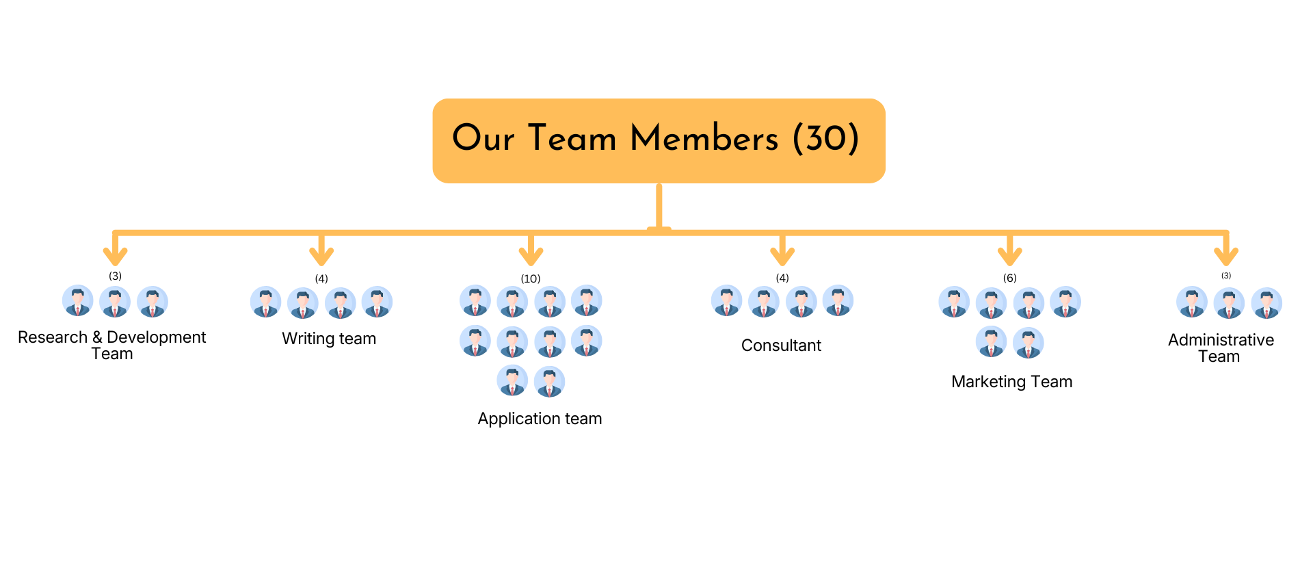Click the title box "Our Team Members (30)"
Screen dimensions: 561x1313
(x=659, y=140)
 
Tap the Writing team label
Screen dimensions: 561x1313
(x=329, y=339)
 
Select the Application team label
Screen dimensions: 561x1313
(x=540, y=419)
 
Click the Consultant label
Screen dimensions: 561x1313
(x=781, y=345)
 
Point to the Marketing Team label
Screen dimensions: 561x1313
(x=1011, y=382)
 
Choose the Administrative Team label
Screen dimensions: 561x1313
(x=1221, y=348)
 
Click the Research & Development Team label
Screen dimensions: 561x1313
(x=111, y=345)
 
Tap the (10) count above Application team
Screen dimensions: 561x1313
(x=531, y=278)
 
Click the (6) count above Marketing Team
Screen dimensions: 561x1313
(x=1009, y=278)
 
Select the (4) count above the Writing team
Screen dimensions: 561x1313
(x=321, y=278)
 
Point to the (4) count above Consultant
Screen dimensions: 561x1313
(x=782, y=278)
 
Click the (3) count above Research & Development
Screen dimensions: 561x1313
(x=115, y=276)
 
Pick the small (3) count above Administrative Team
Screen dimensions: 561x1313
(x=1226, y=276)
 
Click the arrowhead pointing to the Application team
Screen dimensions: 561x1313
(x=531, y=256)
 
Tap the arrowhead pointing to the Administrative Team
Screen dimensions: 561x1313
(x=1226, y=256)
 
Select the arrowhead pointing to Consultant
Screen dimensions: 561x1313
(x=782, y=256)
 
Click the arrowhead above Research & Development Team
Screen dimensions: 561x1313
(x=115, y=256)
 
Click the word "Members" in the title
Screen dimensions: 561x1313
(x=704, y=138)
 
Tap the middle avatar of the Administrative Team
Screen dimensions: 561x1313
(x=1229, y=303)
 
